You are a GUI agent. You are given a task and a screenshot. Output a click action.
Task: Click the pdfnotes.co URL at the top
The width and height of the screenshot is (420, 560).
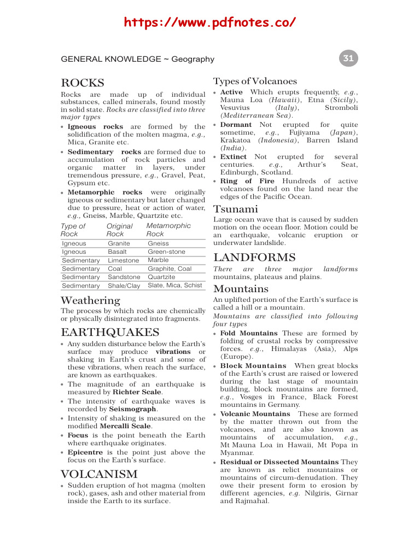pyautogui.click(x=210, y=22)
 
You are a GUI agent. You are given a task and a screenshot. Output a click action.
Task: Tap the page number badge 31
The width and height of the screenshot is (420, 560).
pyautogui.click(x=348, y=59)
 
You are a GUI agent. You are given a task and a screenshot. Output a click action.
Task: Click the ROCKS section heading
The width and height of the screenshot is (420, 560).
pyautogui.click(x=82, y=83)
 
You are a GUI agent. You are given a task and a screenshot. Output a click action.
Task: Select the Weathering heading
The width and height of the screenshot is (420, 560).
pyautogui.click(x=90, y=300)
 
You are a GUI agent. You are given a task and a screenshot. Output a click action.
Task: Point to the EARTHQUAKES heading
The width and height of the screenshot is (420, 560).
pyautogui.click(x=110, y=332)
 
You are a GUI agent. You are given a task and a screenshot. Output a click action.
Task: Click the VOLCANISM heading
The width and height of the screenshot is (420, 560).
pyautogui.click(x=99, y=474)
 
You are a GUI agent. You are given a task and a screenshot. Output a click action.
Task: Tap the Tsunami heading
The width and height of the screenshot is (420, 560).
pyautogui.click(x=236, y=209)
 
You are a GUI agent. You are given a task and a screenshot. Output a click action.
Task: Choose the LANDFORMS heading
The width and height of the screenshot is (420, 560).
pyautogui.click(x=254, y=257)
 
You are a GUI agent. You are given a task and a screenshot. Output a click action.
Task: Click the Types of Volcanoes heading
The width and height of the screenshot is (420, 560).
pyautogui.click(x=255, y=81)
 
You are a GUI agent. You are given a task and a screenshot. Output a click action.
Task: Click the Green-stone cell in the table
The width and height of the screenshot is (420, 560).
pyautogui.click(x=166, y=252)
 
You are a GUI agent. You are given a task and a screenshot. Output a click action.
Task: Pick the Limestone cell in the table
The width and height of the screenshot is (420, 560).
pyautogui.click(x=123, y=260)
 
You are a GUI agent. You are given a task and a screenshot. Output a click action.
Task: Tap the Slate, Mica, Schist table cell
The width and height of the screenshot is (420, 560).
pyautogui.click(x=174, y=285)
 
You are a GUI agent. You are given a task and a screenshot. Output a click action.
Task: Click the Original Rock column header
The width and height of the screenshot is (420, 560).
pyautogui.click(x=120, y=230)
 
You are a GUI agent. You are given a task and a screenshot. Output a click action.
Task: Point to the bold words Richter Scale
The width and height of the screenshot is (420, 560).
pyautogui.click(x=137, y=392)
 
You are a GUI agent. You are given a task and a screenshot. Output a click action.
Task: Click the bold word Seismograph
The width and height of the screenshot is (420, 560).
pyautogui.click(x=133, y=409)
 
